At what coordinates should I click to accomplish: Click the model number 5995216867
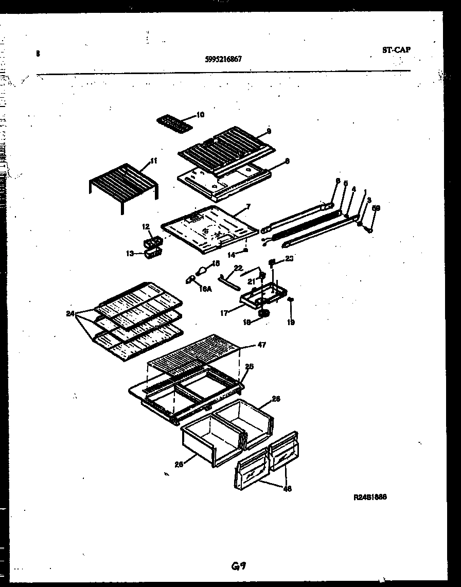tap(223, 59)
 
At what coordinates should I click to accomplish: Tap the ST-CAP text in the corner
tap(396, 50)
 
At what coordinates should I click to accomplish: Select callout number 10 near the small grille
tap(200, 115)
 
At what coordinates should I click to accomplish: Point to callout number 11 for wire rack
tap(153, 162)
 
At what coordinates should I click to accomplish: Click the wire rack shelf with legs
tap(123, 183)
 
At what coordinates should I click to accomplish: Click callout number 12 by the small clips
tap(146, 226)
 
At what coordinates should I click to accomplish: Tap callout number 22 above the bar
tap(238, 268)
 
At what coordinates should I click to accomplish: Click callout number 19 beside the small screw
tap(291, 323)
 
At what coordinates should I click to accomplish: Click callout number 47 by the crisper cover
tap(261, 345)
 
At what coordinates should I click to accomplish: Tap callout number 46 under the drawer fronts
tap(287, 489)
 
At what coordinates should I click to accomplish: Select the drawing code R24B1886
tap(370, 497)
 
